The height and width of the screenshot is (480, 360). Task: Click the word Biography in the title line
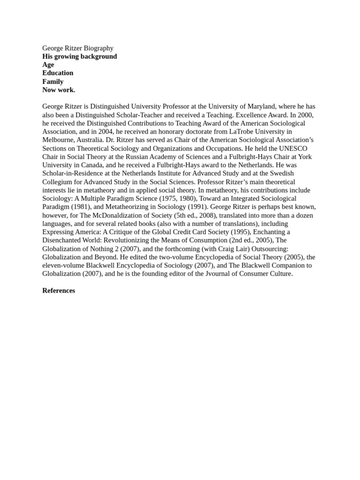(96, 48)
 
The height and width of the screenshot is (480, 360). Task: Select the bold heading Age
(48, 65)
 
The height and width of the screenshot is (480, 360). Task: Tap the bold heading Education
(58, 73)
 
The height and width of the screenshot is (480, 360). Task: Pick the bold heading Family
(53, 82)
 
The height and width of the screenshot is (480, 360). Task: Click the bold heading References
(59, 291)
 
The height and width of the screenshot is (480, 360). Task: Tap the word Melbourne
(59, 140)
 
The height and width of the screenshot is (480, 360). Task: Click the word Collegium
(59, 182)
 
